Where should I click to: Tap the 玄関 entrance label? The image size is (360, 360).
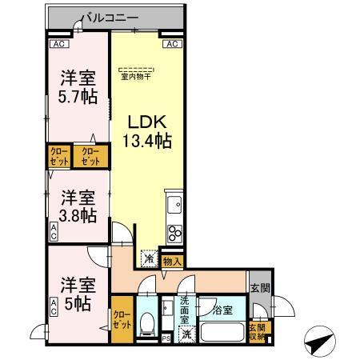click(260, 288)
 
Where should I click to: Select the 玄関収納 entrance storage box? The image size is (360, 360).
click(257, 330)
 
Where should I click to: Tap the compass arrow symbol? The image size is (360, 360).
click(318, 344)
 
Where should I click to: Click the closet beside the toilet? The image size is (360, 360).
click(122, 324)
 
